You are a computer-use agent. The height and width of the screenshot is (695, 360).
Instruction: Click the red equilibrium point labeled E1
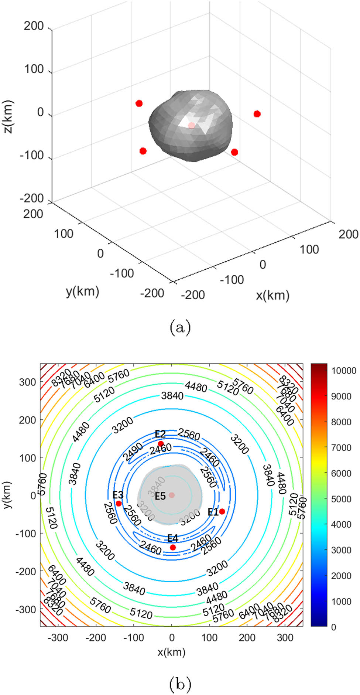coord(222,511)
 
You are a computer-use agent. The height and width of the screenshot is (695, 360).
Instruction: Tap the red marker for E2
coord(161,444)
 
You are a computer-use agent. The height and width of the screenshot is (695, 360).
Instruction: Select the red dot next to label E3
coord(119,504)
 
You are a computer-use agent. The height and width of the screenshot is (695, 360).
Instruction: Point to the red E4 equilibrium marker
coord(173,547)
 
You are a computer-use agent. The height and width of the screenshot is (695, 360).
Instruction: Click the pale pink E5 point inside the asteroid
coord(172,495)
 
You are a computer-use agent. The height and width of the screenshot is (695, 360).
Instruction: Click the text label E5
coord(160,496)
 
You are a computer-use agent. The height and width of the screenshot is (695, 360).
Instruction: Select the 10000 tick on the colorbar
coord(343,371)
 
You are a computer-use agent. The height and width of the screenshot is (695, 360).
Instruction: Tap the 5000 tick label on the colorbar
coord(341,499)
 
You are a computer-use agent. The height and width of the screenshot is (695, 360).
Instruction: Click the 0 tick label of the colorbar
coord(333,627)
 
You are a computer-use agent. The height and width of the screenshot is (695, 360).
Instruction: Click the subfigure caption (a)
coord(180,327)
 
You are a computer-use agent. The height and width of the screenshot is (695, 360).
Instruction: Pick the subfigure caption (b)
coord(180,684)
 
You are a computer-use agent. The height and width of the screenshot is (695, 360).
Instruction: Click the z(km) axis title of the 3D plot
coord(8,116)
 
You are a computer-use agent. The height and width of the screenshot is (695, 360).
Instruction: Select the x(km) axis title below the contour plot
coord(171,652)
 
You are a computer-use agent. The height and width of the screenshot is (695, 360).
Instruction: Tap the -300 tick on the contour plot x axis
coord(58,637)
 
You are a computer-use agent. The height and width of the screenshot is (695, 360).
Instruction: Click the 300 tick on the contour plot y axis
coord(27,382)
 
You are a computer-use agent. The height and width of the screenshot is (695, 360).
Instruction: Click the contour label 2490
coord(133,452)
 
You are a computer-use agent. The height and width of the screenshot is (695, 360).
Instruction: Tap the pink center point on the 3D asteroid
coord(191,126)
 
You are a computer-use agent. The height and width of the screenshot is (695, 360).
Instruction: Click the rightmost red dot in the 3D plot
coord(257,114)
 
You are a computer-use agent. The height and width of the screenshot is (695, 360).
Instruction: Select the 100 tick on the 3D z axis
coord(34,69)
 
